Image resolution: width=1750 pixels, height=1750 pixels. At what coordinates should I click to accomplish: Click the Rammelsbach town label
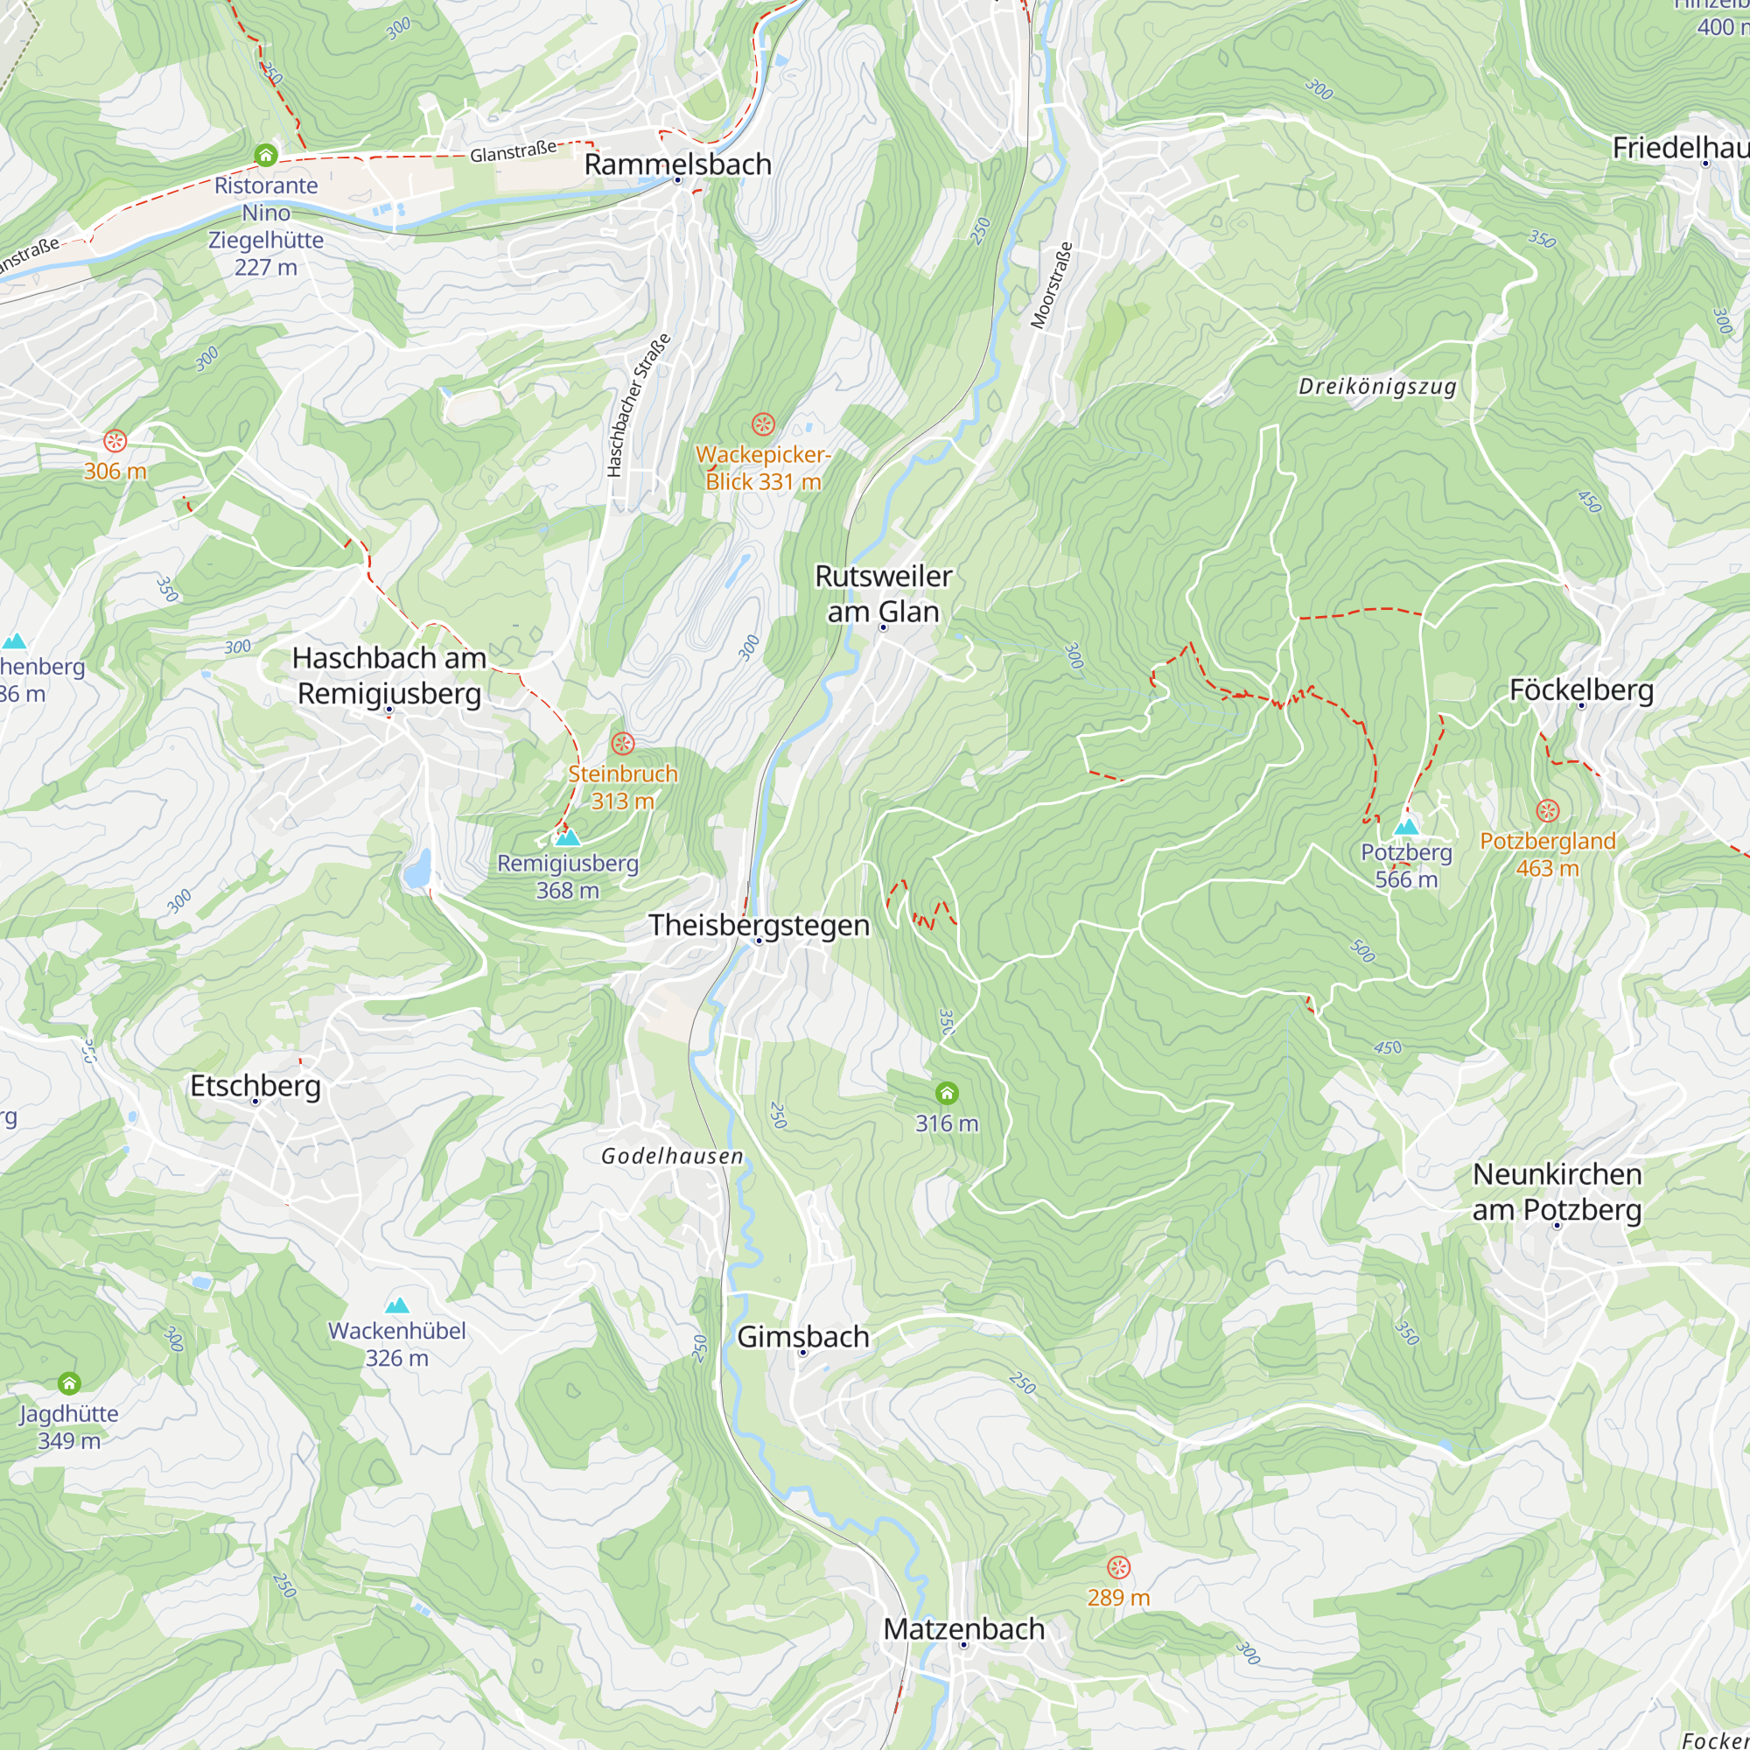(677, 164)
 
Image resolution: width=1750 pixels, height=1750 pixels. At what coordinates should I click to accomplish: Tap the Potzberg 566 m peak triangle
(1406, 826)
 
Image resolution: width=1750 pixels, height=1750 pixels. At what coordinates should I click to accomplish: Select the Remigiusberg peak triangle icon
(568, 837)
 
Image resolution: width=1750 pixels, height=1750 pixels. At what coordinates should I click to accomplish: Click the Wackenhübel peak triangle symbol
(396, 1305)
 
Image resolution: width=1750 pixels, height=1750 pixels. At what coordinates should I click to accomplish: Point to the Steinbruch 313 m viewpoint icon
(622, 744)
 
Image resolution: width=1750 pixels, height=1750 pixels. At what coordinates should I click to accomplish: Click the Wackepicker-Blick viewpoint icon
(764, 423)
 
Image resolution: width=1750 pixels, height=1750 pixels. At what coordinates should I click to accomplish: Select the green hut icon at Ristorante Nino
(265, 155)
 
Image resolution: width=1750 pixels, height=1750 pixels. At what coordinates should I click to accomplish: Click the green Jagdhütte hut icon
(70, 1383)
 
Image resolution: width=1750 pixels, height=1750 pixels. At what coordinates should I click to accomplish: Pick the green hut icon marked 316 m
(947, 1093)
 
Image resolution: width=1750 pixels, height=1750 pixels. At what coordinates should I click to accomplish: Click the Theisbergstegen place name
(759, 925)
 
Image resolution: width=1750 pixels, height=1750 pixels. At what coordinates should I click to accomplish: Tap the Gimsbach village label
(802, 1336)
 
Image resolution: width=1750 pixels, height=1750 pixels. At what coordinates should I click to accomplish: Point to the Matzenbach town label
(963, 1627)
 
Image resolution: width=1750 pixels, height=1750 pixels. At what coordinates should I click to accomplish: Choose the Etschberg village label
(255, 1085)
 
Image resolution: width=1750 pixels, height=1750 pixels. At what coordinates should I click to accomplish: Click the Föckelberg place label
(1580, 689)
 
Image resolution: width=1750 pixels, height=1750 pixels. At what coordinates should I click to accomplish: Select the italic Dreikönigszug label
(1376, 387)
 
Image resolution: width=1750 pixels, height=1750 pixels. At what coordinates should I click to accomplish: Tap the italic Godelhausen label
(672, 1156)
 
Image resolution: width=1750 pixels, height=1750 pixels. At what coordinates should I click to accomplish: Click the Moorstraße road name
(1052, 284)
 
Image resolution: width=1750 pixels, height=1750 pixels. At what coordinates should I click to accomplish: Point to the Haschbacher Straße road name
(639, 405)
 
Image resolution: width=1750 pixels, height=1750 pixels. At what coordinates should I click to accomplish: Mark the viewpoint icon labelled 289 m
(1118, 1567)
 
